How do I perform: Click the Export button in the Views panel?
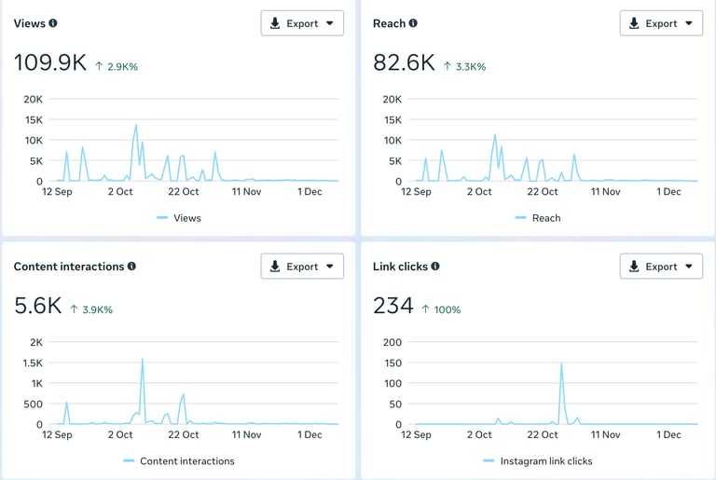[x=302, y=23]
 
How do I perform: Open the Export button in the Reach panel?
[x=661, y=23]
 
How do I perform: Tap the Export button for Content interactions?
[x=302, y=267]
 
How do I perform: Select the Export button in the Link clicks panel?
[x=661, y=267]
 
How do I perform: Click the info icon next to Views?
[x=53, y=23]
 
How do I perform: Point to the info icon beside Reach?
[x=413, y=23]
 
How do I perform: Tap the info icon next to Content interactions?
[x=131, y=267]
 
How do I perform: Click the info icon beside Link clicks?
[x=435, y=267]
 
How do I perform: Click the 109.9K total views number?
[x=50, y=63]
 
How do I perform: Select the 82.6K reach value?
[x=404, y=63]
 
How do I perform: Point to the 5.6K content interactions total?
[x=38, y=307]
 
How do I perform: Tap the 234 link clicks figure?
[x=392, y=307]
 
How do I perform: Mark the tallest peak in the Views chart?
[x=136, y=125]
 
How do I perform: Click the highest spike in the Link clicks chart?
[x=561, y=363]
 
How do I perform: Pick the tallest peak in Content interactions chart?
[x=142, y=359]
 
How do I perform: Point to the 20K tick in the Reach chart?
[x=391, y=99]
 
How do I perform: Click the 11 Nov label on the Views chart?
[x=246, y=192]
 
